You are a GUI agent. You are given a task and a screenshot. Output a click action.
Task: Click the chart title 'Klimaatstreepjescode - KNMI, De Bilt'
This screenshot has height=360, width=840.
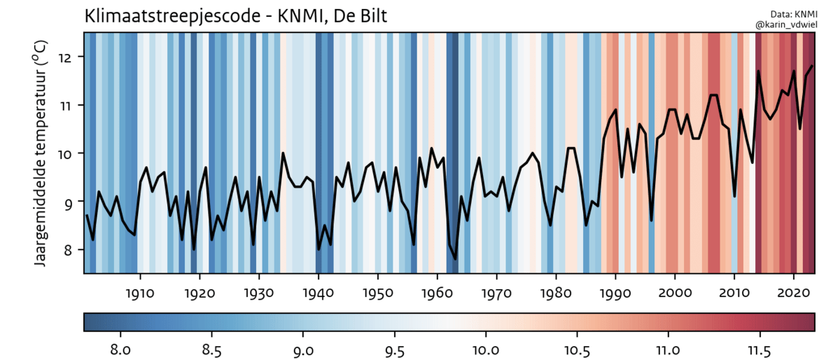235,15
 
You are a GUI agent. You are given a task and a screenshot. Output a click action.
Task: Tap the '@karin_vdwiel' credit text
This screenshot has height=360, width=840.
785,25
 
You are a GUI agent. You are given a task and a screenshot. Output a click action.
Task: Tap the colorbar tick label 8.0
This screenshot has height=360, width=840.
122,348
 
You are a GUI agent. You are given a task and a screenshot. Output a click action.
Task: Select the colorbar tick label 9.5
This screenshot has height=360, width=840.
395,348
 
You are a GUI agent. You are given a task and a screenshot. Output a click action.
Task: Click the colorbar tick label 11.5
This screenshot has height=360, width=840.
760,348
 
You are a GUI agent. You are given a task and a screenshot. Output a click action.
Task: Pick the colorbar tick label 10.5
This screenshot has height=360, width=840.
577,348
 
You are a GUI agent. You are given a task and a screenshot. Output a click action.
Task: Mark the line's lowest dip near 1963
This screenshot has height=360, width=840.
455,259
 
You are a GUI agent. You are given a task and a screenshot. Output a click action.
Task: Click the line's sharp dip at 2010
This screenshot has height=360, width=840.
734,196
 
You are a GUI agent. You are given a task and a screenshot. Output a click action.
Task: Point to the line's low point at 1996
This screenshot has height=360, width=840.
651,221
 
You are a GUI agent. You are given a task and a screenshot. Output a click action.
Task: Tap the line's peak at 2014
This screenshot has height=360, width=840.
758,71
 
